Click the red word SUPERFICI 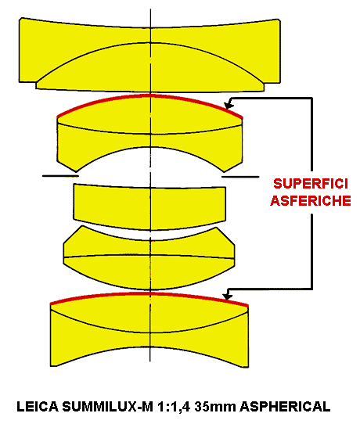[x=310, y=184]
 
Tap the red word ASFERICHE [x=311, y=200]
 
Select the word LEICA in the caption [x=38, y=407]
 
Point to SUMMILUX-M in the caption [x=108, y=407]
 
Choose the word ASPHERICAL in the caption [x=285, y=407]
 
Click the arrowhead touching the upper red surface [x=229, y=104]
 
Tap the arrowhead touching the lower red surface [x=227, y=294]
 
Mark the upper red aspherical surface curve [x=150, y=95]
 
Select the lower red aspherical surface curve [x=150, y=293]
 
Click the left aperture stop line [x=60, y=176]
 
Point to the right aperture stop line [x=240, y=177]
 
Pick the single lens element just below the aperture [x=149, y=207]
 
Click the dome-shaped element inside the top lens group [x=150, y=67]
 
